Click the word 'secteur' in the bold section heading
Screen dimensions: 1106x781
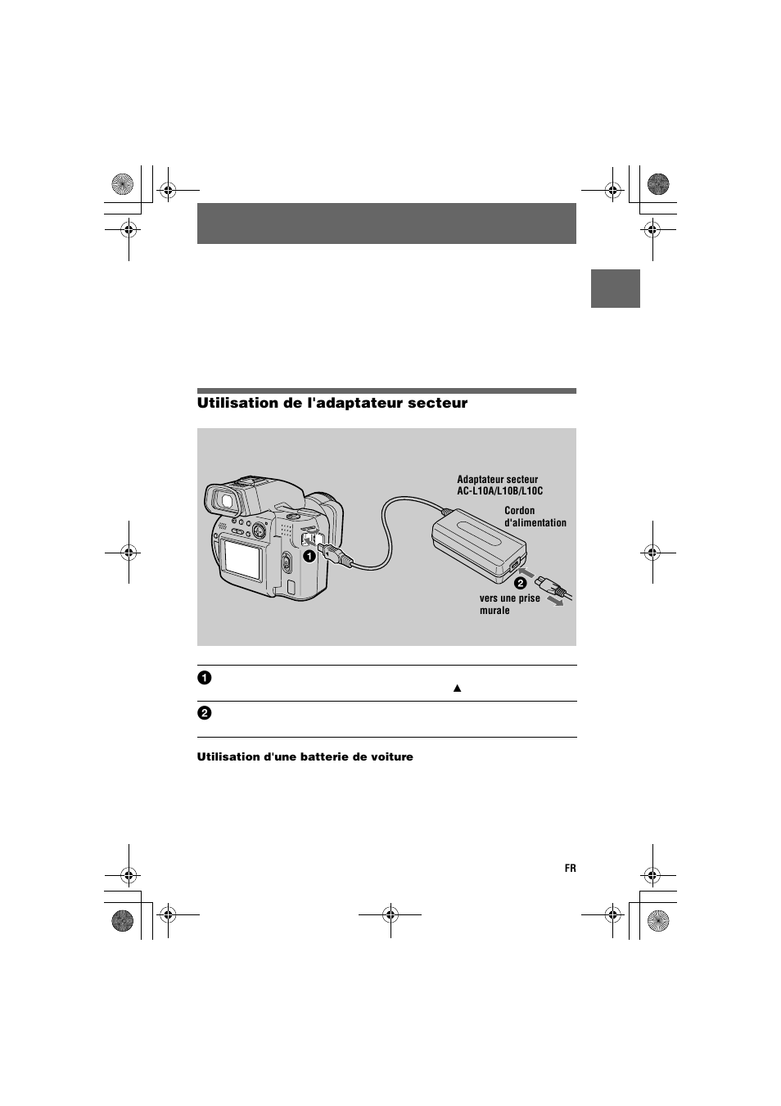(x=436, y=403)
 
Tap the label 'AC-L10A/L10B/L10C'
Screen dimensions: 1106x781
(x=499, y=491)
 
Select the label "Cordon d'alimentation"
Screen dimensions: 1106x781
(x=535, y=517)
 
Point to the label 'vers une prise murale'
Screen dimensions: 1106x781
(x=509, y=604)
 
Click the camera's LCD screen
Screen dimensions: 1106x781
(x=242, y=557)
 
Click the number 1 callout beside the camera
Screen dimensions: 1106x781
(x=309, y=556)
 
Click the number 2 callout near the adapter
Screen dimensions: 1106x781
(x=519, y=584)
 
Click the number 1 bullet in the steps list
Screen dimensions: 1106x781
(x=204, y=677)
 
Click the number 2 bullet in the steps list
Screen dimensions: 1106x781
(x=204, y=713)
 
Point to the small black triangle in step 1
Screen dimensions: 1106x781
(x=458, y=688)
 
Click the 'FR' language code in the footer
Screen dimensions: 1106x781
(x=570, y=868)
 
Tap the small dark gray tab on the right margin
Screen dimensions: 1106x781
(x=615, y=288)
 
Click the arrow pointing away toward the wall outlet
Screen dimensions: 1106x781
(x=557, y=603)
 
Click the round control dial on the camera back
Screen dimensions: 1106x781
(x=258, y=530)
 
